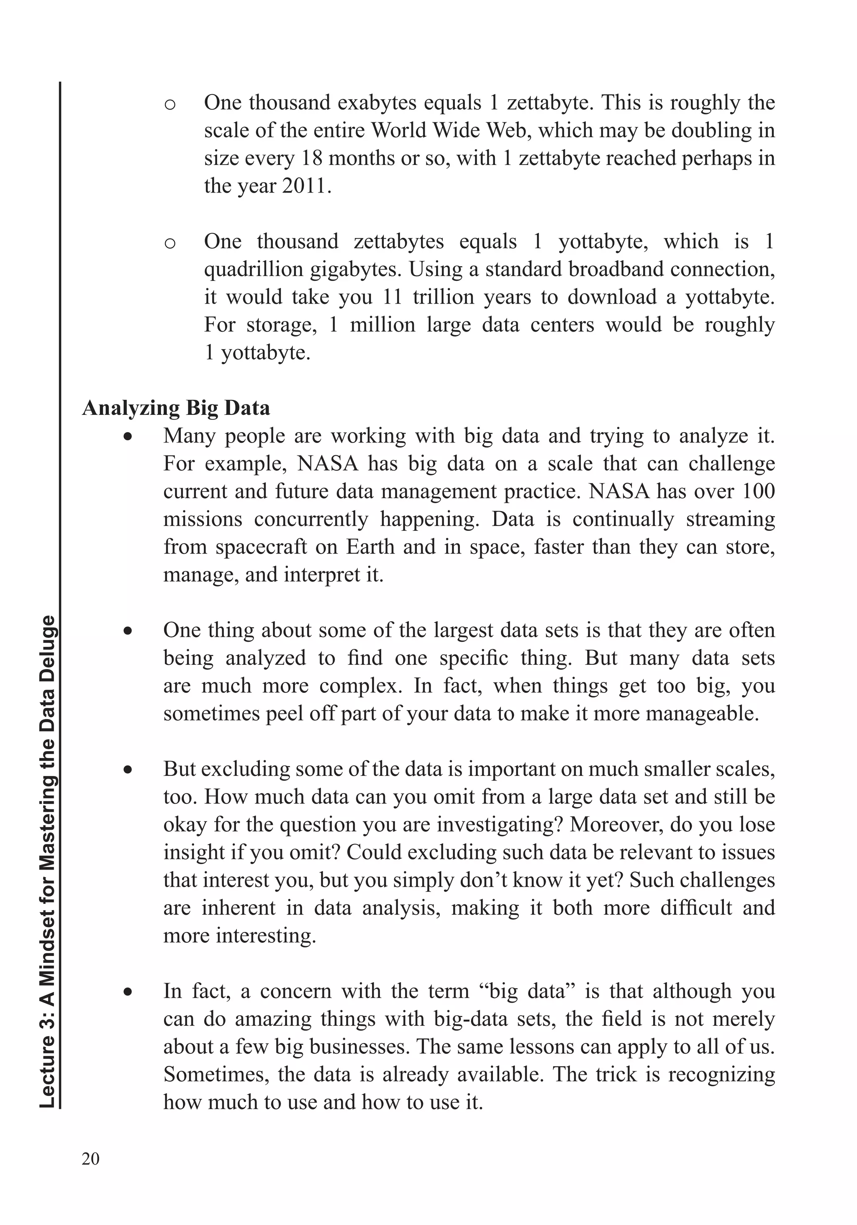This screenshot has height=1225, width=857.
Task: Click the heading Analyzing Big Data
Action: [x=176, y=408]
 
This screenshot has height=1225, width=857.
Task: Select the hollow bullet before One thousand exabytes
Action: [x=169, y=105]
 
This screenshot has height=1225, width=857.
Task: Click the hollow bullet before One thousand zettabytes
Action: [x=169, y=243]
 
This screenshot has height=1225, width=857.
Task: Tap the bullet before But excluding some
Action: [x=128, y=770]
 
